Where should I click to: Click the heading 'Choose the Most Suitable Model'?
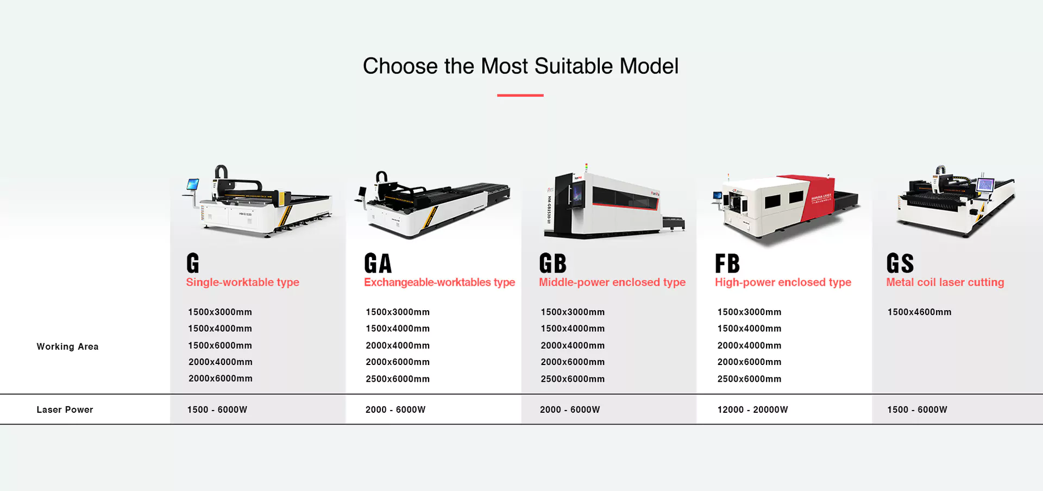[x=520, y=66]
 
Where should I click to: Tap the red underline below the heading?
[x=520, y=95]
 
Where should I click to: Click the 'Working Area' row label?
[x=67, y=347]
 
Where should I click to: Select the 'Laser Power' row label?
[x=65, y=410]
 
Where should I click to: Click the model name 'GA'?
[x=378, y=263]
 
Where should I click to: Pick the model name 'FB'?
[x=727, y=263]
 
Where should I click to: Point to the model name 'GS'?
[x=900, y=263]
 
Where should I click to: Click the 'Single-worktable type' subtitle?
[x=242, y=282]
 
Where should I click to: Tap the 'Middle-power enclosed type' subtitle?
[x=612, y=282]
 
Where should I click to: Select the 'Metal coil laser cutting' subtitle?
[x=945, y=282]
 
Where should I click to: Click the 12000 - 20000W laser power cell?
[x=752, y=410]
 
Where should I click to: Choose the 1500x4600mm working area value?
[x=919, y=312]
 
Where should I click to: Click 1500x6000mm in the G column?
[x=220, y=345]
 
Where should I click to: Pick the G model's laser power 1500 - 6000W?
[x=217, y=410]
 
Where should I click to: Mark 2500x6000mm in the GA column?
[x=398, y=379]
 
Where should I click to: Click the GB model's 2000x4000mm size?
[x=573, y=345]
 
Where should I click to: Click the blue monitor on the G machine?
[x=193, y=184]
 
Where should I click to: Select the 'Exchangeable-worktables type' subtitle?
[x=439, y=282]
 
